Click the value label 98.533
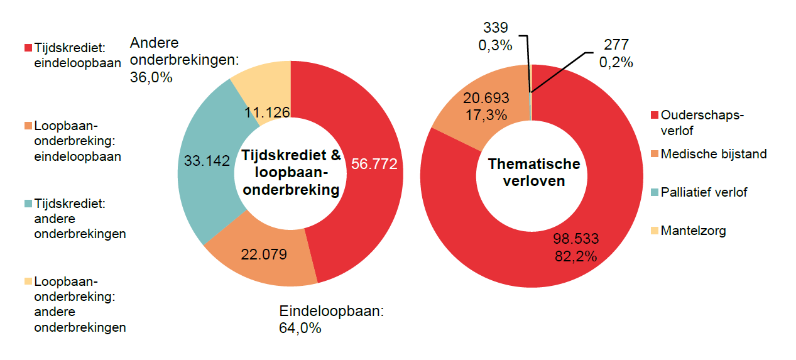pos(575,239)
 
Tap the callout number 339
pos(496,28)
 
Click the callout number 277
pos(616,45)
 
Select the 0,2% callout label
pos(616,63)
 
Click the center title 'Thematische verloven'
pos(533,173)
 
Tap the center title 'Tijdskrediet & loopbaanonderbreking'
pos(290,173)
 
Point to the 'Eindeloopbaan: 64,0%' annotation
pos(330,319)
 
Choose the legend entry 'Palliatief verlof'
pos(704,192)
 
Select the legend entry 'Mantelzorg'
pos(693,231)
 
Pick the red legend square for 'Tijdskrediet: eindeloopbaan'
pos(28,48)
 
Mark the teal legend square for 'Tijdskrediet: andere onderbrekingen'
pos(28,204)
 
